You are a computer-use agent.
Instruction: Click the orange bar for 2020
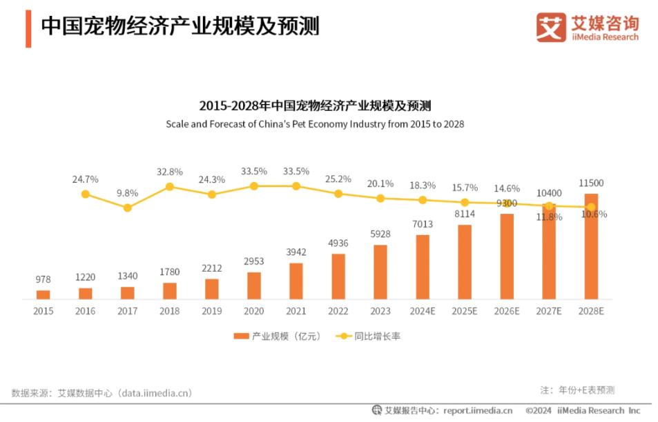pyautogui.click(x=254, y=285)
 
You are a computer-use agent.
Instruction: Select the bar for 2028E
pyautogui.click(x=591, y=248)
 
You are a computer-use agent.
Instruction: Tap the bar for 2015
pyautogui.click(x=43, y=294)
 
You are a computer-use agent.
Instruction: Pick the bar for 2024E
pyautogui.click(x=423, y=267)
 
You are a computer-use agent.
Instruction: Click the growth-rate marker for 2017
pyautogui.click(x=127, y=208)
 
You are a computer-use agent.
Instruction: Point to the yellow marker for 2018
pyautogui.click(x=170, y=186)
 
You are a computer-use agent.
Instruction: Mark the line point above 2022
pyautogui.click(x=338, y=194)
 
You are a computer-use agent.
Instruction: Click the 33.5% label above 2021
pyautogui.click(x=296, y=172)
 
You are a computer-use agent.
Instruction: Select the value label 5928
pyautogui.click(x=380, y=234)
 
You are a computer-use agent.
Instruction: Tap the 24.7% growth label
pyautogui.click(x=85, y=179)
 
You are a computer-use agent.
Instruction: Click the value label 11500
pyautogui.click(x=591, y=183)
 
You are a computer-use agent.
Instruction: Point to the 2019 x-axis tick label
pyautogui.click(x=212, y=312)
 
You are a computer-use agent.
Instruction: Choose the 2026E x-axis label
pyautogui.click(x=507, y=312)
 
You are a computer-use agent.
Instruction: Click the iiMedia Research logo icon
pyautogui.click(x=551, y=28)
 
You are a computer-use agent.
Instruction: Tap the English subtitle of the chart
pyautogui.click(x=315, y=124)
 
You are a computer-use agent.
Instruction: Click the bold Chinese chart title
pyautogui.click(x=315, y=105)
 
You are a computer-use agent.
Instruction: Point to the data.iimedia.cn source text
pyautogui.click(x=155, y=393)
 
